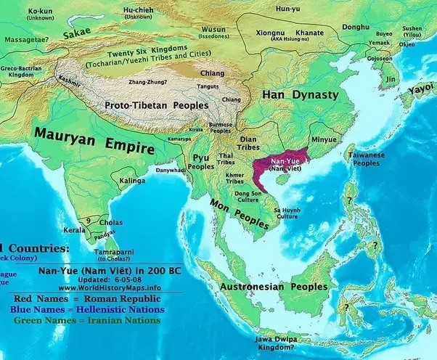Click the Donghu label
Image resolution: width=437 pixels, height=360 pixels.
tap(356, 28)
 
